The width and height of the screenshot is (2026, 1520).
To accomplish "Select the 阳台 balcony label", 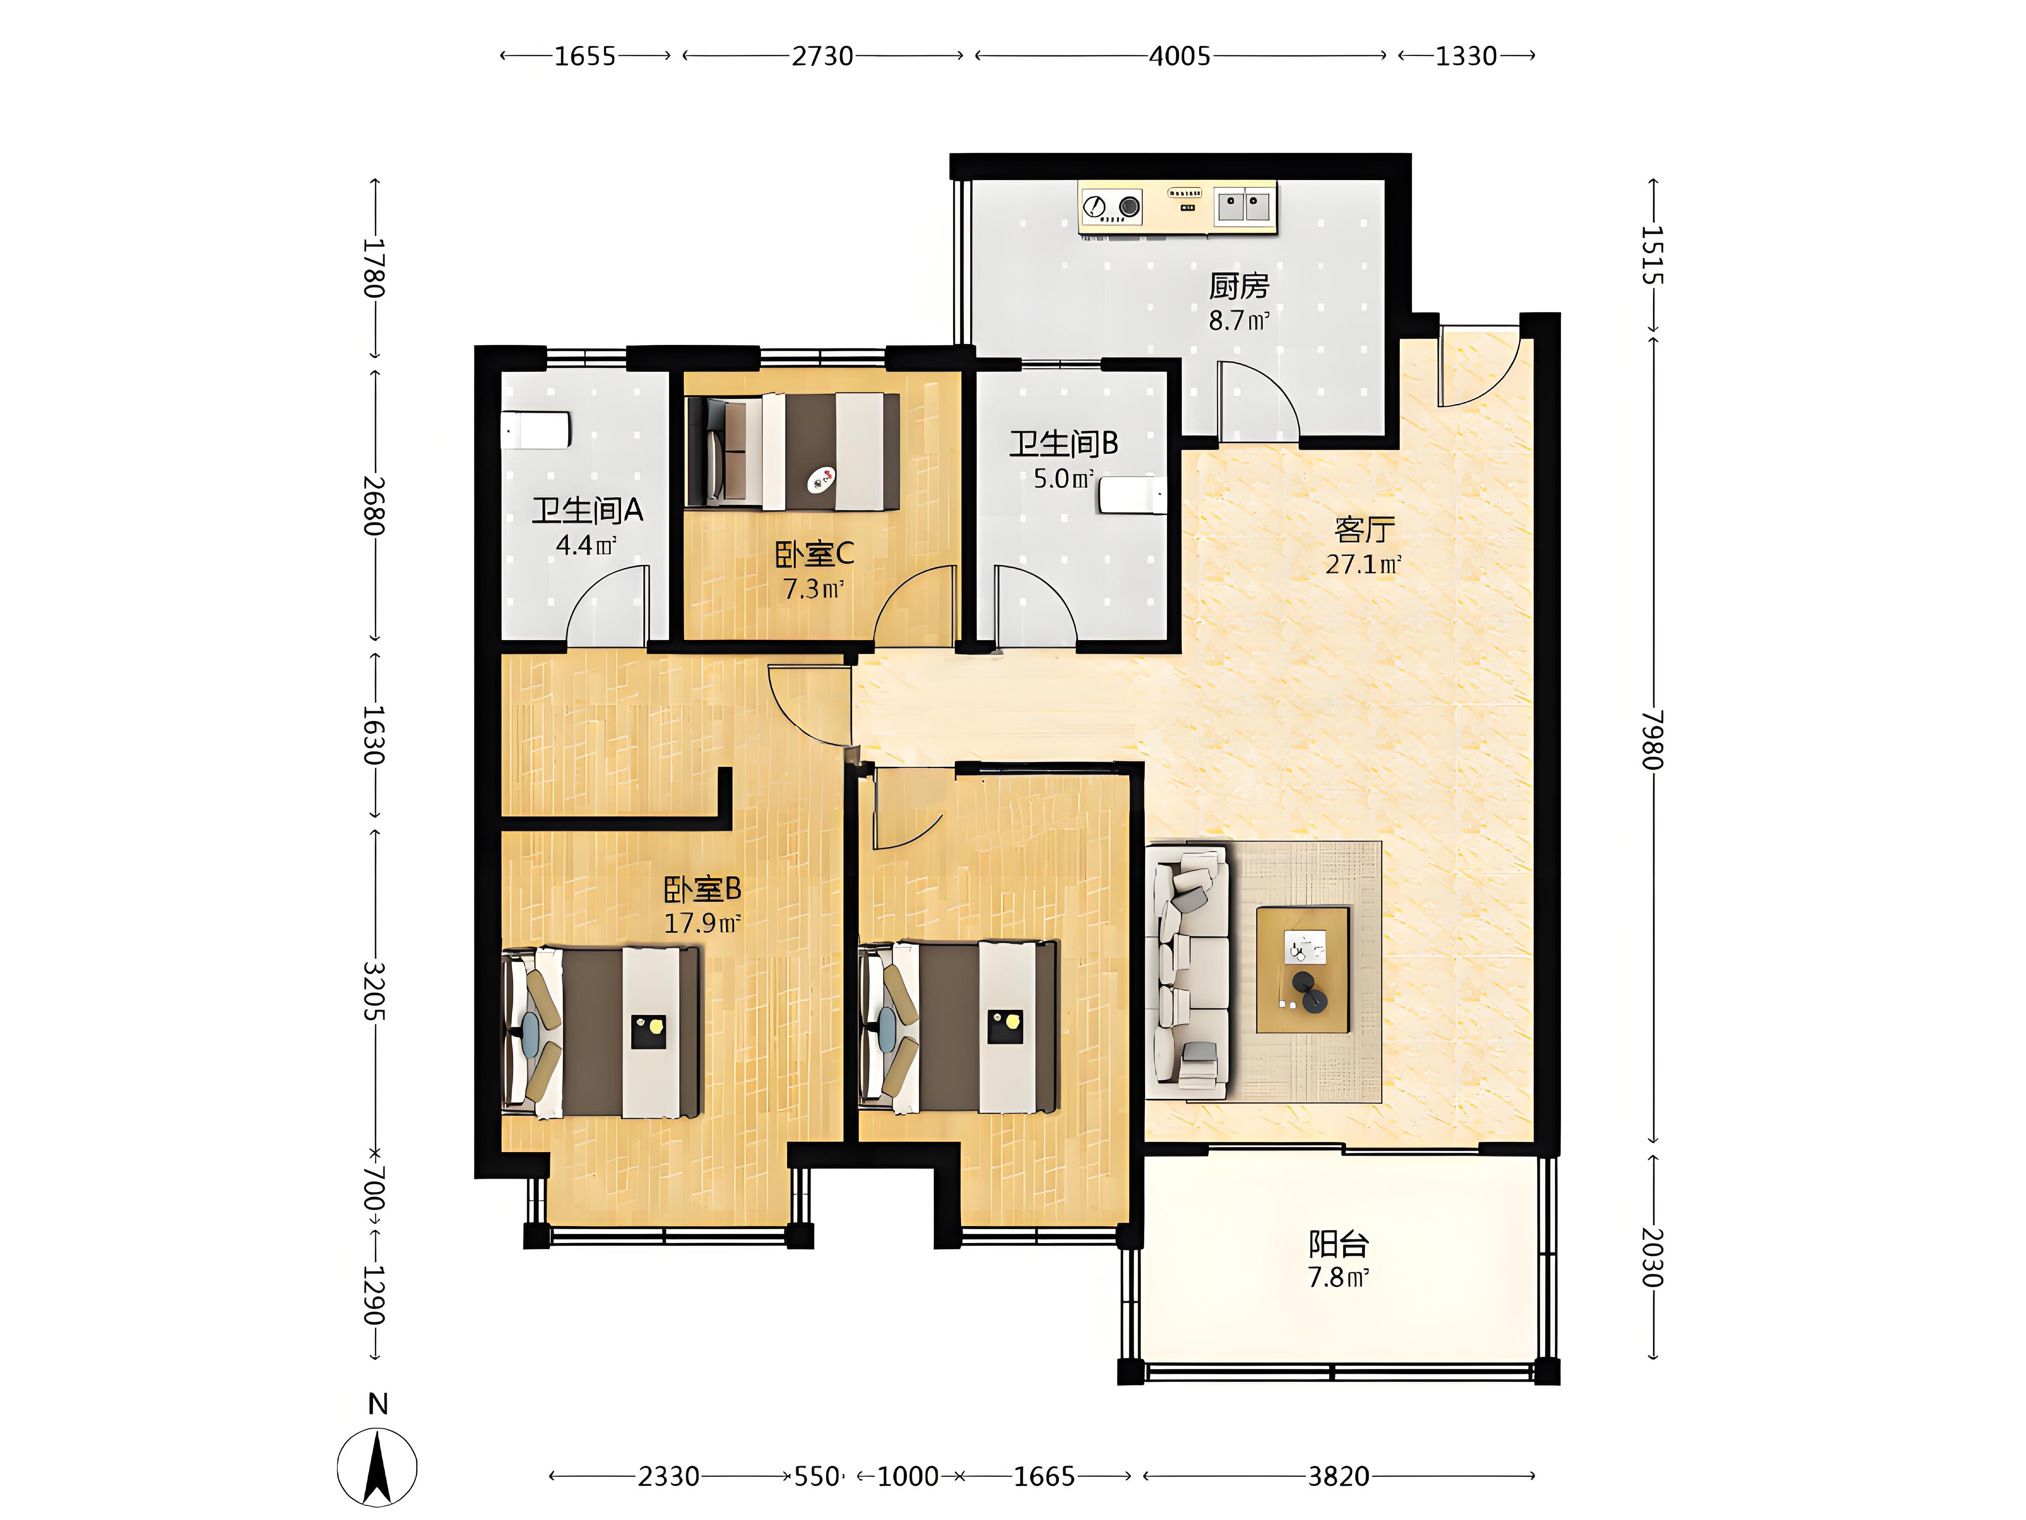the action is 1338,1244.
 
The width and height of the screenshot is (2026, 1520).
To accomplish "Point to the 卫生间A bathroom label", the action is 587,511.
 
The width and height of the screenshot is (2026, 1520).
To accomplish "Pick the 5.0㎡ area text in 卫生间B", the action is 1063,478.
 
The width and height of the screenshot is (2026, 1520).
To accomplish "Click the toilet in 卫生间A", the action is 536,430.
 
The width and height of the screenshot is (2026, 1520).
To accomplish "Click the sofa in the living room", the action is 1188,972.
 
